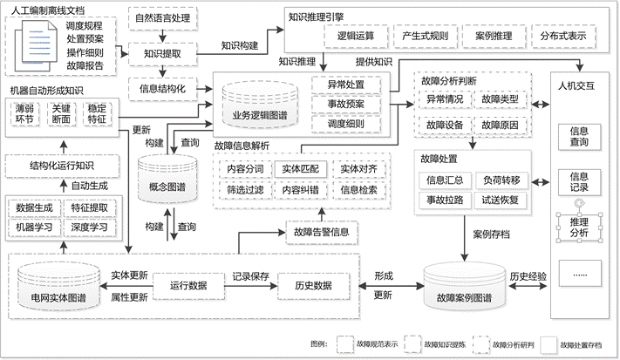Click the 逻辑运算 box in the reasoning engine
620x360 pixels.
click(356, 36)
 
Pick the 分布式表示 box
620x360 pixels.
click(562, 36)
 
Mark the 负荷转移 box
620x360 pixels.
click(499, 180)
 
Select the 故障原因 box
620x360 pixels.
click(500, 125)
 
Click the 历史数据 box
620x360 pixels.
click(311, 285)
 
